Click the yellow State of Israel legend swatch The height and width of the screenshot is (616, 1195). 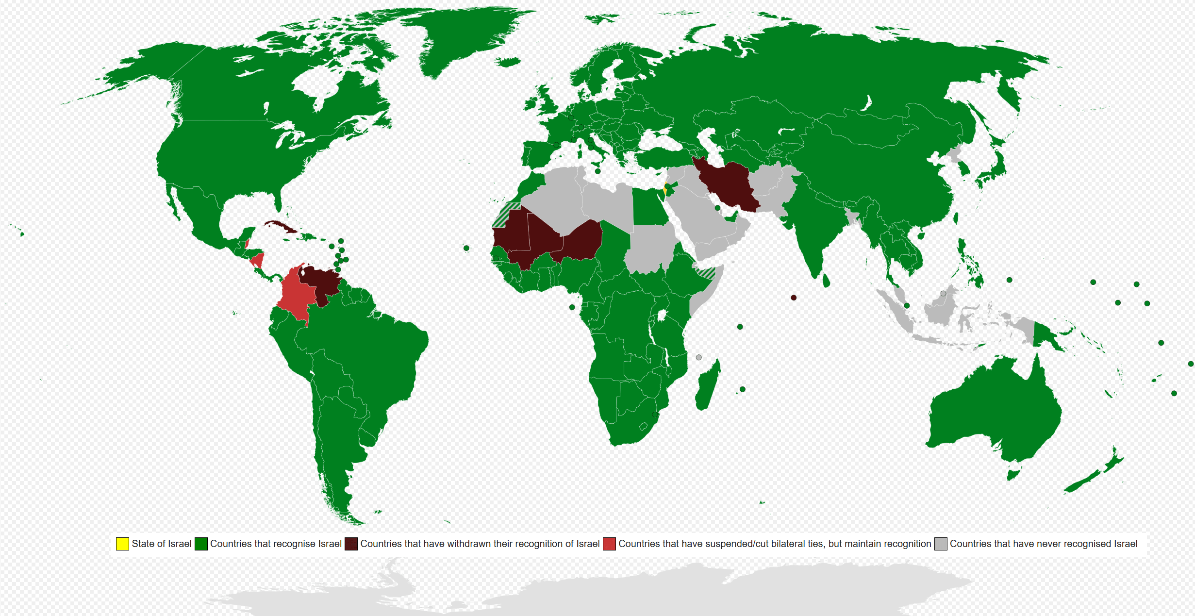click(x=122, y=544)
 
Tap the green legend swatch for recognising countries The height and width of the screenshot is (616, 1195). click(x=201, y=544)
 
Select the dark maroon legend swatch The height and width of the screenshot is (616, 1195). click(x=351, y=544)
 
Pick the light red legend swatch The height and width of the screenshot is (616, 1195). click(x=609, y=544)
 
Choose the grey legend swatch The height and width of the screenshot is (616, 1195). click(x=941, y=544)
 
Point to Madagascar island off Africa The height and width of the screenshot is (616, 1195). click(x=708, y=386)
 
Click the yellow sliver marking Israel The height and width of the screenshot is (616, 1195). click(x=664, y=191)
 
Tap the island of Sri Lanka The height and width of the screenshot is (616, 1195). click(x=826, y=280)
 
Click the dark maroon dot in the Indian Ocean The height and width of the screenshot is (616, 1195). click(x=794, y=298)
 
